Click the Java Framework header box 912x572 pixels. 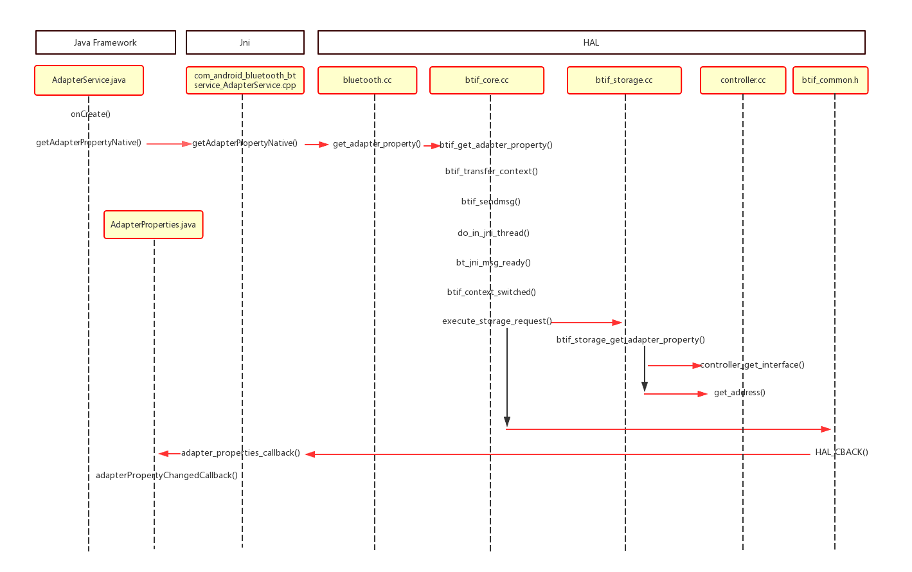(x=105, y=42)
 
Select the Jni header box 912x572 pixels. (x=245, y=42)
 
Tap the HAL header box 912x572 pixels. (x=591, y=42)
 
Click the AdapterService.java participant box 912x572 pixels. (x=89, y=80)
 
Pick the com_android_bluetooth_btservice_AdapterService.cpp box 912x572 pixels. (x=245, y=80)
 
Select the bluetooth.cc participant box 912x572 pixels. (x=367, y=80)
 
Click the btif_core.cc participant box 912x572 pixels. (x=487, y=80)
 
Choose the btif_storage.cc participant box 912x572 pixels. (x=624, y=80)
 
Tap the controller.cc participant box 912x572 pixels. (x=743, y=80)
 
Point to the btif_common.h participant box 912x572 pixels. (x=830, y=80)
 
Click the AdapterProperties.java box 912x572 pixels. (x=153, y=225)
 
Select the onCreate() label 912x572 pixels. (x=91, y=114)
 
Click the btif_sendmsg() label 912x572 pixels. (x=491, y=202)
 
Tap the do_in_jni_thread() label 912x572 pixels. (x=494, y=233)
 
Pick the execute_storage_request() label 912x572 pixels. (x=497, y=321)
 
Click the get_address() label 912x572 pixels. (x=740, y=393)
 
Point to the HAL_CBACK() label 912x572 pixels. (x=841, y=452)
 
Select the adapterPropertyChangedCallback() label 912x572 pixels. (x=166, y=476)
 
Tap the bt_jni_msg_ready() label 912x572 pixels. (x=494, y=263)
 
